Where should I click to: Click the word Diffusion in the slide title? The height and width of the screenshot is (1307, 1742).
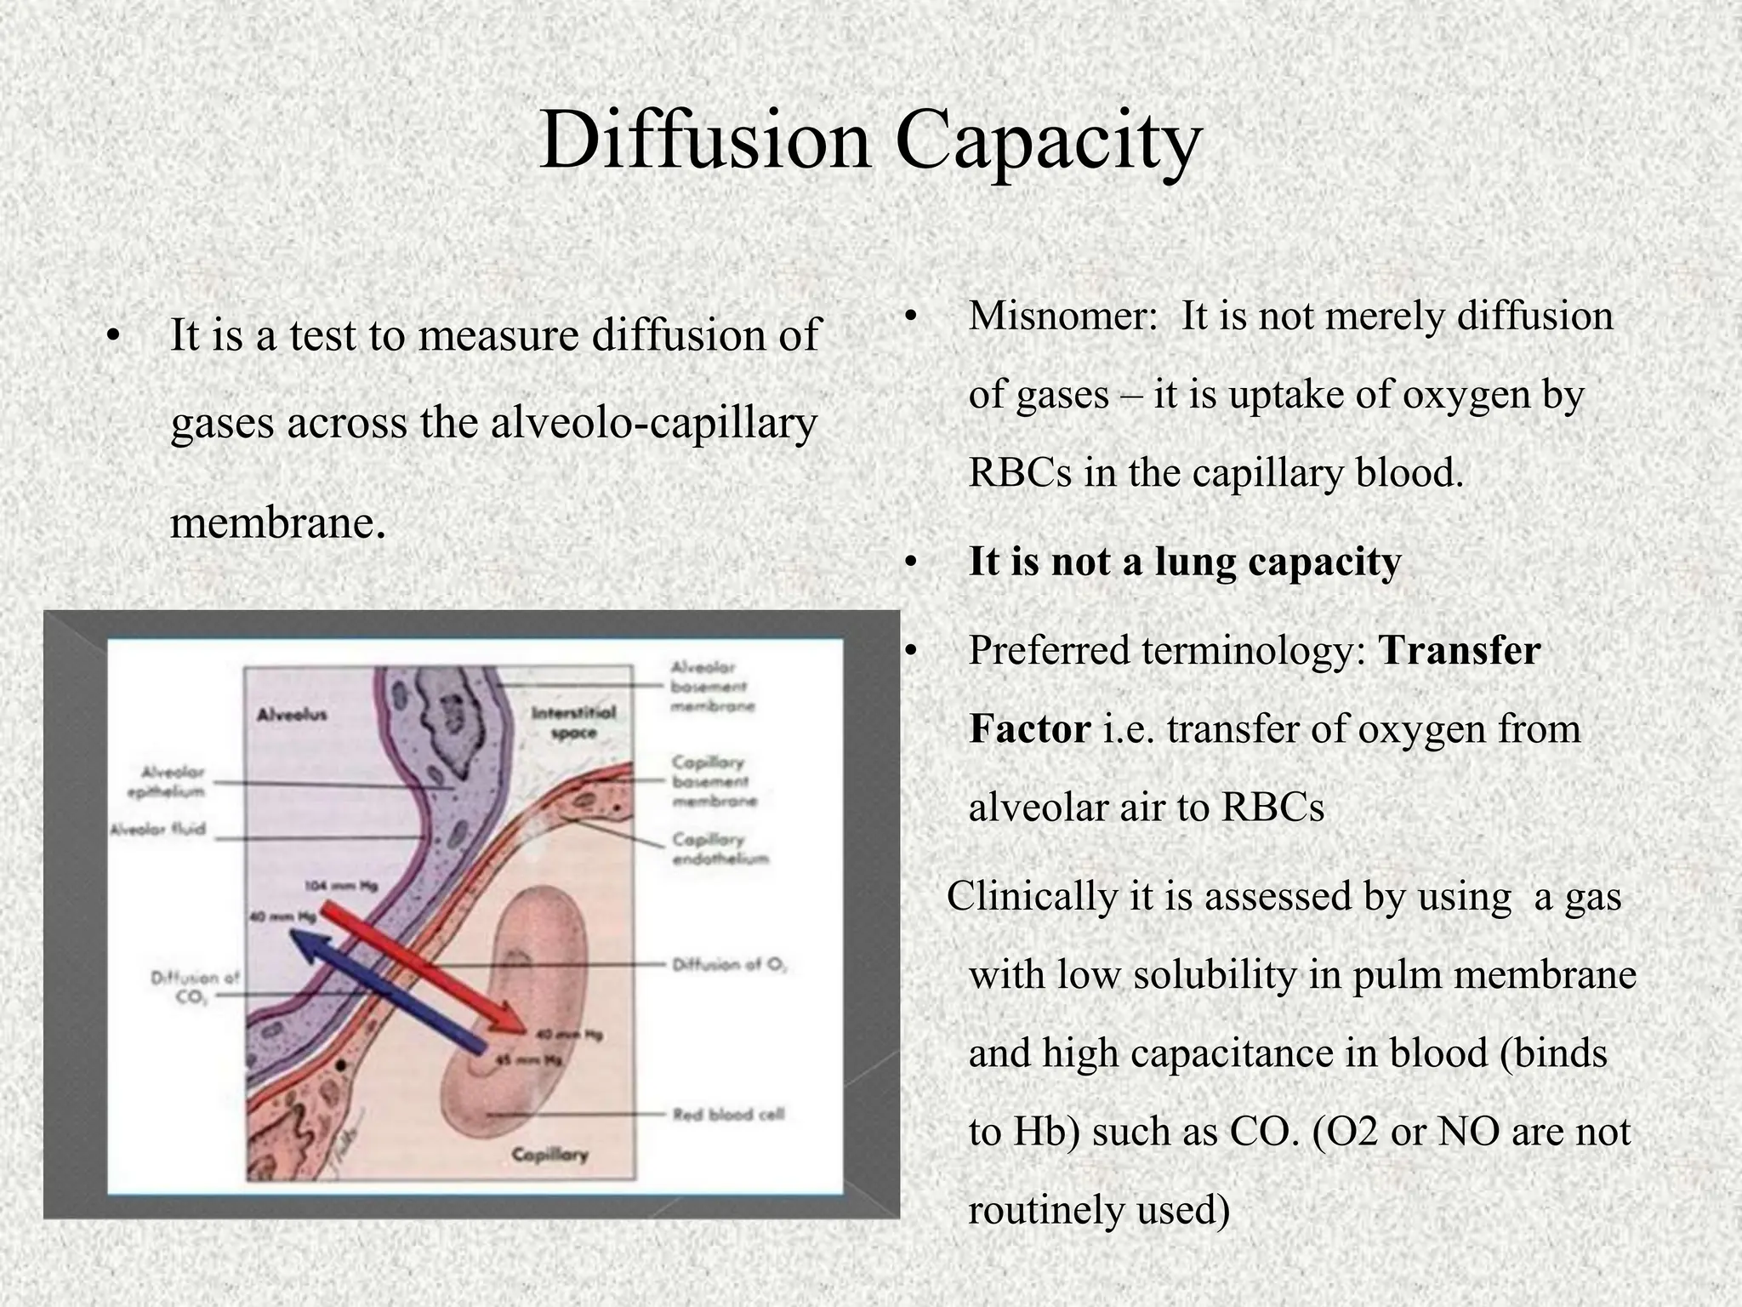pyautogui.click(x=705, y=140)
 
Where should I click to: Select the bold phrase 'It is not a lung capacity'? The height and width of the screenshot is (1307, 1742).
pyautogui.click(x=1184, y=562)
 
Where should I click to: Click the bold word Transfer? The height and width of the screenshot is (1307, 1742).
pyautogui.click(x=1460, y=651)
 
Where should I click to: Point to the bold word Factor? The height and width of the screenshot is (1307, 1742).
pyautogui.click(x=1029, y=729)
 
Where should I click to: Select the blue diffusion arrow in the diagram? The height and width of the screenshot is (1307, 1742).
pyautogui.click(x=383, y=987)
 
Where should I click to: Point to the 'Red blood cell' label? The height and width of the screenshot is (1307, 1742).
pyautogui.click(x=728, y=1114)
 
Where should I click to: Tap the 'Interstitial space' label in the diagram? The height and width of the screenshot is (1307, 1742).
pyautogui.click(x=573, y=722)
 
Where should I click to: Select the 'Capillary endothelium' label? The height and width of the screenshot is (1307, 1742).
pyautogui.click(x=720, y=848)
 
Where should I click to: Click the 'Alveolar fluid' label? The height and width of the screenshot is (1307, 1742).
pyautogui.click(x=157, y=828)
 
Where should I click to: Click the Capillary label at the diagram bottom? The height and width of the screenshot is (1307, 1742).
pyautogui.click(x=549, y=1155)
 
